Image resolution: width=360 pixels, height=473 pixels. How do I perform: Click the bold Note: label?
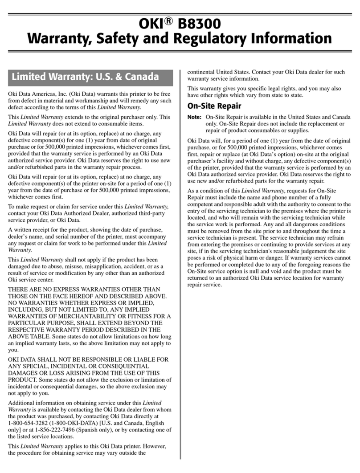pyautogui.click(x=194, y=117)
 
